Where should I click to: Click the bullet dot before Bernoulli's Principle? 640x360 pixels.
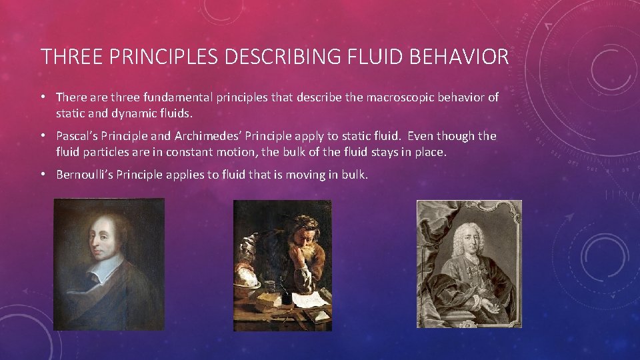tap(42, 175)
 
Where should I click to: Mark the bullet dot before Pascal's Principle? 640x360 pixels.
tap(42, 136)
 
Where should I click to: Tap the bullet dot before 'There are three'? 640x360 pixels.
tap(42, 97)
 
